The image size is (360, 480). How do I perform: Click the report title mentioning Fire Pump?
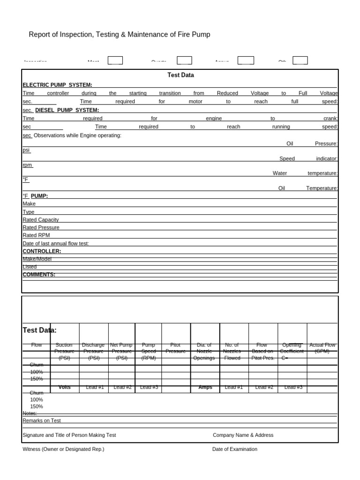click(x=120, y=35)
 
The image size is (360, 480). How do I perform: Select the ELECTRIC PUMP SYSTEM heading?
click(x=57, y=85)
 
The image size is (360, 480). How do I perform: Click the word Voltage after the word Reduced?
click(x=260, y=93)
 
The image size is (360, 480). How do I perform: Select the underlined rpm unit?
click(x=28, y=165)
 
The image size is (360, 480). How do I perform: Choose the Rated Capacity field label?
click(x=41, y=220)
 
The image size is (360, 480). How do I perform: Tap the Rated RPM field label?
click(x=36, y=235)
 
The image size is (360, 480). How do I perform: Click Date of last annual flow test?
click(x=56, y=244)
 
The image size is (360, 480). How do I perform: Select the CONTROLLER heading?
click(x=42, y=251)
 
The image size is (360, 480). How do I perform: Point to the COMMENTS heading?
click(x=39, y=275)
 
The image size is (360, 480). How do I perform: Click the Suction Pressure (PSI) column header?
click(x=64, y=351)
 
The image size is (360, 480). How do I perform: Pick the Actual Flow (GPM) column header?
click(x=322, y=348)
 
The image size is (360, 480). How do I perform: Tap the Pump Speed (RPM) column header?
click(x=148, y=351)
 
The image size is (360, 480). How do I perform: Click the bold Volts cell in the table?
click(x=64, y=387)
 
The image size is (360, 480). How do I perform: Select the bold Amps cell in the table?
click(x=205, y=387)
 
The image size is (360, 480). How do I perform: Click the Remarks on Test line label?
click(x=42, y=421)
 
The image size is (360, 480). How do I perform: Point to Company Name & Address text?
click(x=243, y=435)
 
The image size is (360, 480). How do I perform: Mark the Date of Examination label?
click(x=234, y=449)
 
